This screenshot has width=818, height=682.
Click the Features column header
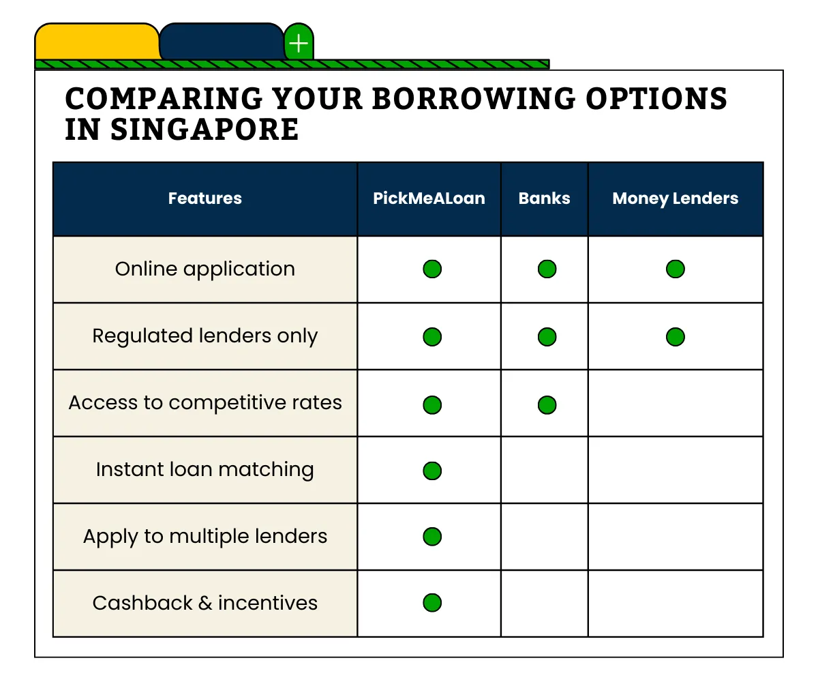click(204, 198)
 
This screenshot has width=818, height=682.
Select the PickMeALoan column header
click(429, 198)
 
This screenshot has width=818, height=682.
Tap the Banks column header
click(544, 198)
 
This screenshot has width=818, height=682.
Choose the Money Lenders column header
click(675, 198)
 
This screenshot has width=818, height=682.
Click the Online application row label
click(204, 269)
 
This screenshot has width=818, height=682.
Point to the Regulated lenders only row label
click(204, 336)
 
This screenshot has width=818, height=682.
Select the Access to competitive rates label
click(204, 402)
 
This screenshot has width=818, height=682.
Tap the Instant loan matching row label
click(204, 469)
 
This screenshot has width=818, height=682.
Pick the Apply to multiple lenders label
click(204, 536)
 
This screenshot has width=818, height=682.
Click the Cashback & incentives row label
click(204, 603)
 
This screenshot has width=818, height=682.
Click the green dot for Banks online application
click(547, 269)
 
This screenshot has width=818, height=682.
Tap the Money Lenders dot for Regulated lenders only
click(675, 336)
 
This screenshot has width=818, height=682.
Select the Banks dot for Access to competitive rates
click(547, 404)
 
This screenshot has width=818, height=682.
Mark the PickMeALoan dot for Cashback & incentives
click(431, 603)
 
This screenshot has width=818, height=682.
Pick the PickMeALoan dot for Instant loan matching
click(431, 471)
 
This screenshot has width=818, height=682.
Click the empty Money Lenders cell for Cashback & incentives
click(675, 603)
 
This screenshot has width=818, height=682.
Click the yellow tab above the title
click(97, 42)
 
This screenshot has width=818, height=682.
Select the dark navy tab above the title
click(222, 42)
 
